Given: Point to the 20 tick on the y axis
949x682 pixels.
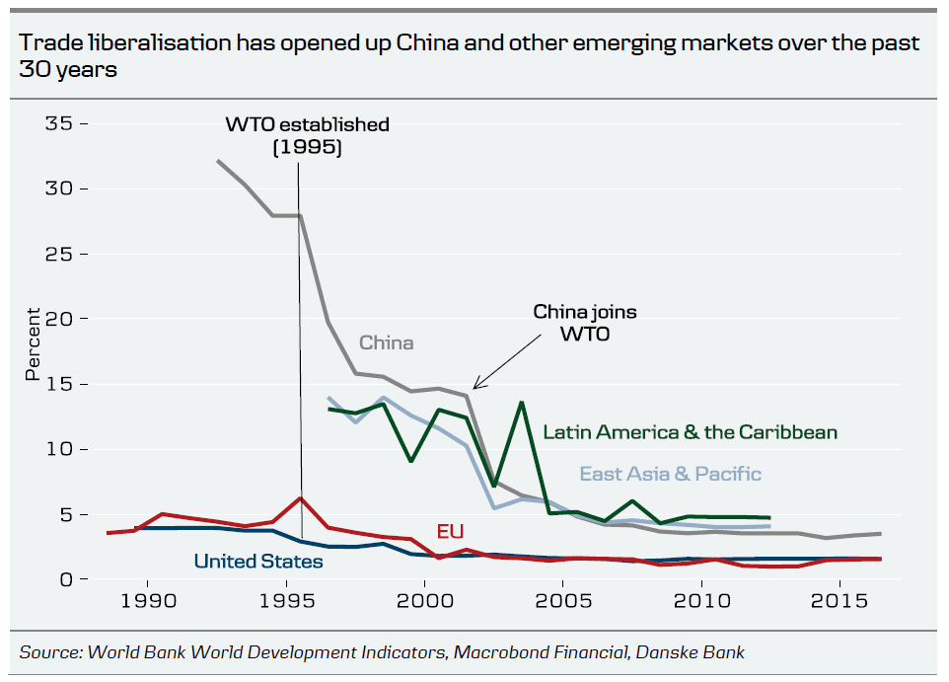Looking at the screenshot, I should click(x=59, y=319).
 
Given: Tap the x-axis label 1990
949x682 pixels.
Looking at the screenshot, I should click(x=148, y=602).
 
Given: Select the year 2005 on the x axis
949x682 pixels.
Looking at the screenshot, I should click(x=563, y=602).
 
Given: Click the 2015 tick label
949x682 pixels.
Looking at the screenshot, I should click(x=839, y=602).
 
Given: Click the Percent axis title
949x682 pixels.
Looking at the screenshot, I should click(x=33, y=343).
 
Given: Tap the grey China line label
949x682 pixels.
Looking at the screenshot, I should click(x=386, y=343).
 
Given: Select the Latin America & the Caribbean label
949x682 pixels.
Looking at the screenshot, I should click(x=690, y=432).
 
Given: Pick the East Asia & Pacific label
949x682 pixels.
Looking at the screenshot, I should click(x=670, y=474).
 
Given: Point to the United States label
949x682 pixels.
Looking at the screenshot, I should click(x=257, y=562).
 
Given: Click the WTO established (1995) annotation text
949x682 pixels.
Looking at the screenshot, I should click(x=307, y=136).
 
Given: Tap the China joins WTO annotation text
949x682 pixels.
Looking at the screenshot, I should click(x=585, y=322).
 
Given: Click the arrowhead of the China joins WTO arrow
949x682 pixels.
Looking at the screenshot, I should click(x=475, y=388).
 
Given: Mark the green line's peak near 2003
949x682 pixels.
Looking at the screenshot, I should click(x=521, y=403).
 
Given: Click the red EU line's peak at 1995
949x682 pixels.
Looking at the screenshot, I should click(x=300, y=498).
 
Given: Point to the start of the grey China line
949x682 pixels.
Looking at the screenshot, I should click(x=218, y=160).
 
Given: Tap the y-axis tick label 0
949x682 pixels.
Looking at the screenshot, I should click(x=65, y=579).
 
